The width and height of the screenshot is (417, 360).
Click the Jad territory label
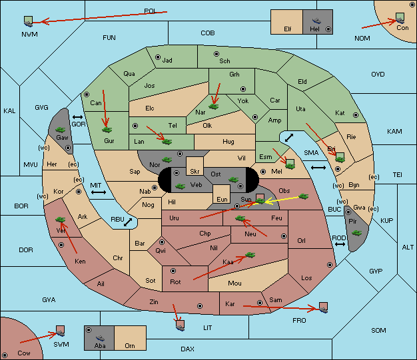167,61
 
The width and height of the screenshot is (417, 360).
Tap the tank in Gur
107,130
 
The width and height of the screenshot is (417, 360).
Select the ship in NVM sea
28,23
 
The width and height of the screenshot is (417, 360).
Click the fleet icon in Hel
316,21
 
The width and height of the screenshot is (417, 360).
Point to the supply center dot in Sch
216,54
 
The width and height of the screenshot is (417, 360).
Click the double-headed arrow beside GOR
77,117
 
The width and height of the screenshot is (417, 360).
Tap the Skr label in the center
195,172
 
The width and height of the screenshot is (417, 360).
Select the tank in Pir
356,233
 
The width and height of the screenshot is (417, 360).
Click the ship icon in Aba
100,338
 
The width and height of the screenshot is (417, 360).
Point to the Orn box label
130,345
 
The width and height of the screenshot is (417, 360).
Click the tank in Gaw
61,130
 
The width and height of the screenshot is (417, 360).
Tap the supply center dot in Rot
173,271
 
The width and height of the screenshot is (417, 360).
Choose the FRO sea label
299,321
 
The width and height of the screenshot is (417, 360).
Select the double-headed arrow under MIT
99,192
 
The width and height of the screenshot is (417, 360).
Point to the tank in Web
180,186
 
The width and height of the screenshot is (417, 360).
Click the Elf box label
288,29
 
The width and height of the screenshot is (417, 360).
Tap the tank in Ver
61,220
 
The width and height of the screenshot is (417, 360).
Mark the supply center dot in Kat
356,115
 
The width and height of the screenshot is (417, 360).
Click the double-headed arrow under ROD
340,244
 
